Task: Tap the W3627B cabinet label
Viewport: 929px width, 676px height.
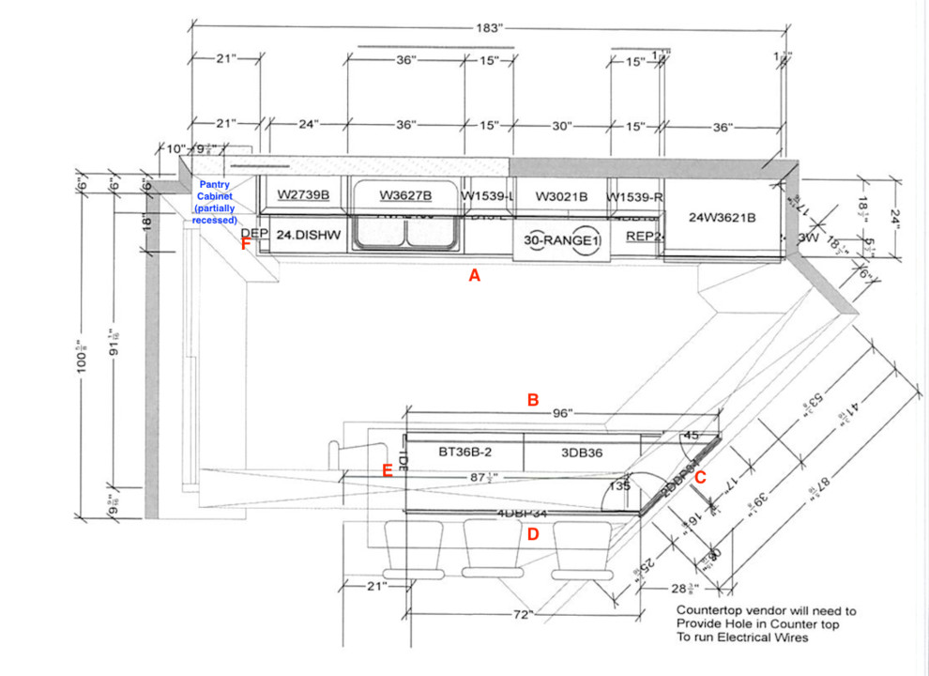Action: point(405,195)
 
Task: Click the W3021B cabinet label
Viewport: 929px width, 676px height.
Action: point(561,196)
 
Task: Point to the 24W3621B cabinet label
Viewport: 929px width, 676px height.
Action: point(723,218)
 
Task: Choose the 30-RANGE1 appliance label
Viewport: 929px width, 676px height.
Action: point(561,241)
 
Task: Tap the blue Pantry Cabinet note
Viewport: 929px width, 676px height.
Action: point(215,202)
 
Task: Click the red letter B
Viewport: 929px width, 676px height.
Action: point(533,399)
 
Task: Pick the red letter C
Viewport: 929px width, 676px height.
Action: point(700,477)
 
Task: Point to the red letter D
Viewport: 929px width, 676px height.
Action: point(533,534)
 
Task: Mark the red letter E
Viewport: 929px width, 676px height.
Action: point(387,470)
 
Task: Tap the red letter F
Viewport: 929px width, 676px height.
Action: point(246,244)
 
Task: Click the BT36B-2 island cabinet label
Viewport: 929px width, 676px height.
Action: point(465,452)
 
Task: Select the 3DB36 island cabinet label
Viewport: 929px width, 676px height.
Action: point(582,452)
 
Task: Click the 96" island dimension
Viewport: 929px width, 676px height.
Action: point(563,413)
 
